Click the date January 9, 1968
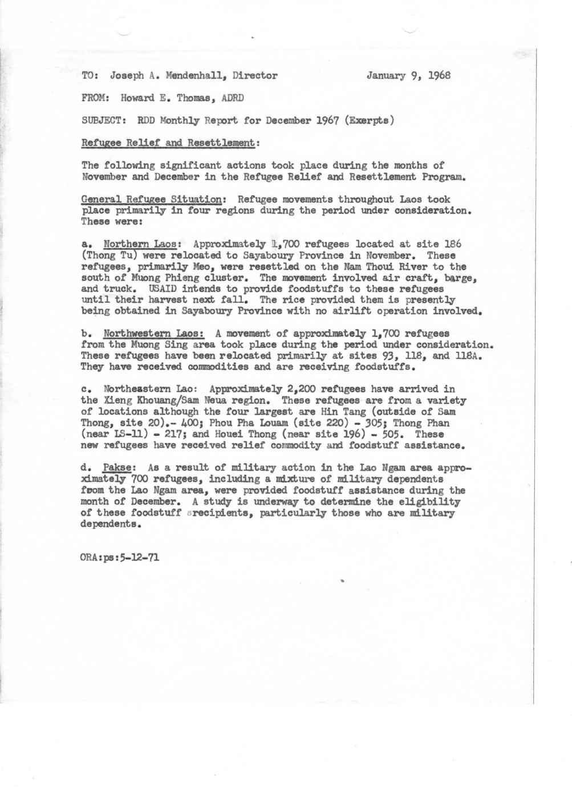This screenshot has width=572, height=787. point(408,75)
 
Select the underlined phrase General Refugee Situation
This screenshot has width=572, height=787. point(151,200)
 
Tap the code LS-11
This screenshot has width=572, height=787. point(125,434)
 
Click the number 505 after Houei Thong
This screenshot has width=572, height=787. point(393,434)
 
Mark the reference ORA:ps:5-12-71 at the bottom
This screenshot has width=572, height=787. point(120,557)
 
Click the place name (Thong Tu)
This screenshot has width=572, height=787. point(108,256)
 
